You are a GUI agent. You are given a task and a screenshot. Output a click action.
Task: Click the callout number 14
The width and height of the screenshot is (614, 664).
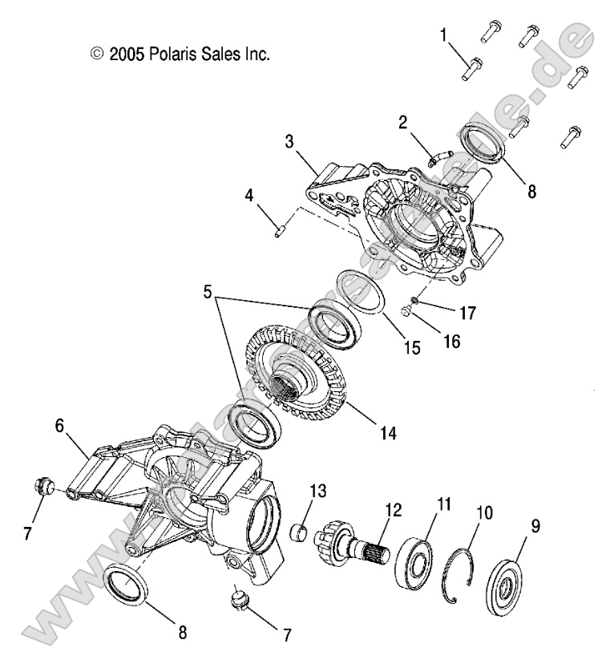point(389,433)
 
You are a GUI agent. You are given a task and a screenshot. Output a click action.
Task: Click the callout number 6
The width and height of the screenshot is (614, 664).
point(59,427)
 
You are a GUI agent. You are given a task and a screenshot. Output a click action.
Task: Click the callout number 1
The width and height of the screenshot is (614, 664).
point(444,34)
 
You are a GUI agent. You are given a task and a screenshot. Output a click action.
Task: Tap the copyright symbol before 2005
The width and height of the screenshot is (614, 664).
point(97,55)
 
